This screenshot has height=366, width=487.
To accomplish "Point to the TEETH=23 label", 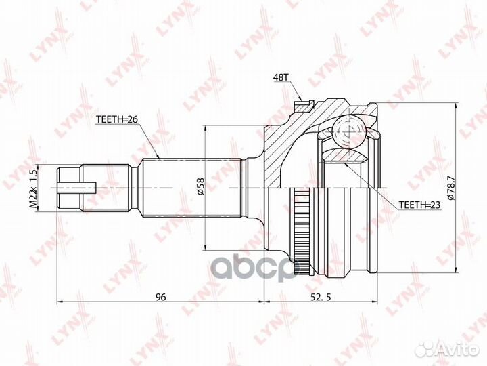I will coord(419,203).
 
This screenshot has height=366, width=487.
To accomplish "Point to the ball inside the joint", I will coord(348,131).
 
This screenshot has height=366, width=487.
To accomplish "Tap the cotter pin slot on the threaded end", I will coord(87,187).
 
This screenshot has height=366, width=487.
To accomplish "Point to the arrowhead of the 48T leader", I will coord(300,104).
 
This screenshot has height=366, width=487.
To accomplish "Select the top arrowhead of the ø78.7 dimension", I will coord(461,106).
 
